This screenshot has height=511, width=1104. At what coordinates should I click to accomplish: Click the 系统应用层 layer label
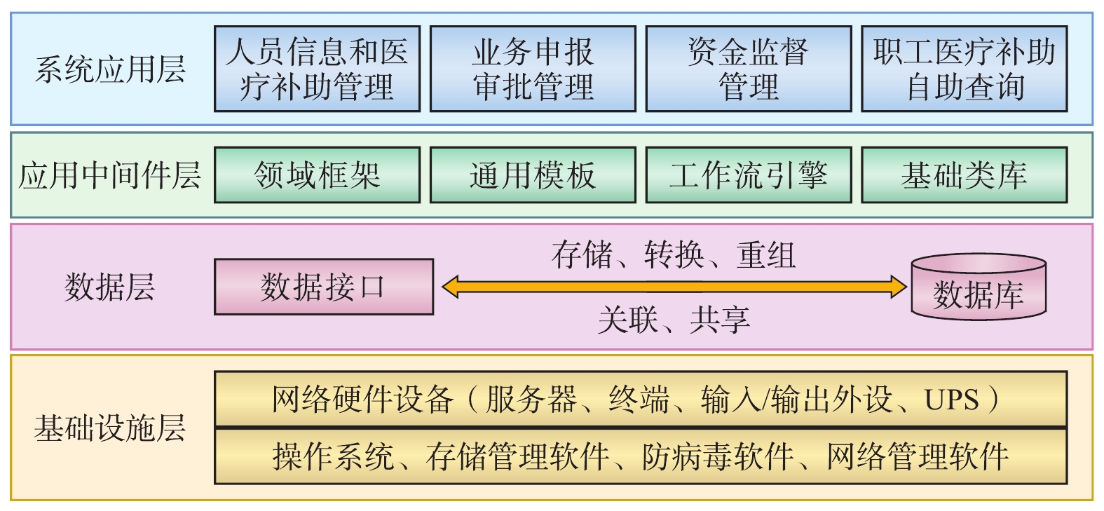tap(110, 69)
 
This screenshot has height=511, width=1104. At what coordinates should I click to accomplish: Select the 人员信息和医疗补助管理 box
tap(317, 69)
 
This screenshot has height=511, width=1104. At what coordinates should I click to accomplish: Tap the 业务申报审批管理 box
tap(533, 69)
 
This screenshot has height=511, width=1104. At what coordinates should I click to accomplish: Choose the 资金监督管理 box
tap(748, 69)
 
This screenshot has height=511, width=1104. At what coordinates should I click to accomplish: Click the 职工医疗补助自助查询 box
tap(964, 69)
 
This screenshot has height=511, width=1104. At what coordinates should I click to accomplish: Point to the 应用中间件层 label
tap(110, 175)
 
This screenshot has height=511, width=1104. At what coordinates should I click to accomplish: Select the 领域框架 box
tap(317, 175)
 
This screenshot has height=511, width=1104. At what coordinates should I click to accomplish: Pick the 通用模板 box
tap(533, 175)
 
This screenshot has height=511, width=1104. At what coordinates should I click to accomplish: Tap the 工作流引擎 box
tap(748, 175)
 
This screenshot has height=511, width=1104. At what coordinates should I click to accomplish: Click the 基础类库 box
tap(964, 175)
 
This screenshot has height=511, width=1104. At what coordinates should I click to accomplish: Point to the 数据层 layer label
tap(110, 287)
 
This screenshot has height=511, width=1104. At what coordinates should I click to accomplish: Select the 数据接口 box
tap(323, 287)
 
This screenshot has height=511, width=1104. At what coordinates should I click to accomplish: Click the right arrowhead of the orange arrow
tap(898, 287)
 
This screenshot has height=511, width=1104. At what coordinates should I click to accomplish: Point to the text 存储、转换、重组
tap(674, 254)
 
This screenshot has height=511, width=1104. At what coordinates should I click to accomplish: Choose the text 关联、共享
tap(674, 320)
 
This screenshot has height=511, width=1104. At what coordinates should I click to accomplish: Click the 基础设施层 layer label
tap(110, 428)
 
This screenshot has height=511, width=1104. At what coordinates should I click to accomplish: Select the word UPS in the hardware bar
tap(951, 400)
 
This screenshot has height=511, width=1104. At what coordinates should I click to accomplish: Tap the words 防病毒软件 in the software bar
tap(718, 457)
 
